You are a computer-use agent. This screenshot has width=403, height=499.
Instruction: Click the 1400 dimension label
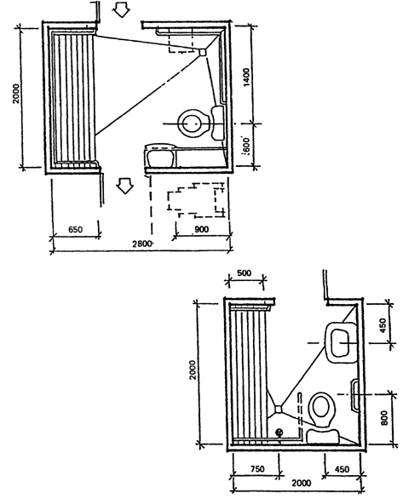click(x=247, y=77)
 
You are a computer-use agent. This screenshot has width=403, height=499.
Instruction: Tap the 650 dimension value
click(x=76, y=229)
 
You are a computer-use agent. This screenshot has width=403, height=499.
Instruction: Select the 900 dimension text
click(x=201, y=229)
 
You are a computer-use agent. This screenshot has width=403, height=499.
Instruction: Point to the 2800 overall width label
click(x=142, y=244)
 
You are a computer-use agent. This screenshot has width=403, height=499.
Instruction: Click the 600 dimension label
click(x=247, y=146)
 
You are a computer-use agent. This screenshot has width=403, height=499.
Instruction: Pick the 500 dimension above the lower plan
click(x=245, y=273)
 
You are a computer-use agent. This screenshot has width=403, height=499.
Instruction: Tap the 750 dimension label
click(x=257, y=468)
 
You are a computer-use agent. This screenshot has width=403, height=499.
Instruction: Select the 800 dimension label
click(x=384, y=418)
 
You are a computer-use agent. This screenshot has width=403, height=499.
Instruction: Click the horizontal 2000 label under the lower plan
click(x=301, y=483)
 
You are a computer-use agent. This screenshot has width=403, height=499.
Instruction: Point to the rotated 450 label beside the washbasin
click(x=383, y=325)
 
